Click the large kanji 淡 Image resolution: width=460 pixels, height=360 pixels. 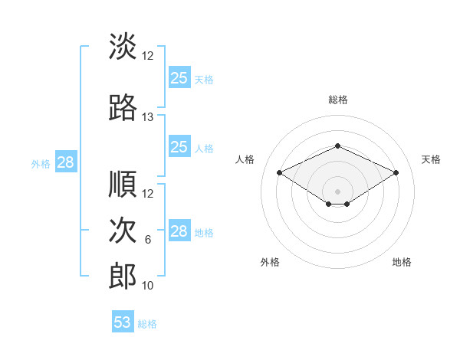coord(123,46)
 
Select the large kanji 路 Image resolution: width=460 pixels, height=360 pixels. coord(123,107)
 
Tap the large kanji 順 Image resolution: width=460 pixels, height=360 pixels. coord(123,184)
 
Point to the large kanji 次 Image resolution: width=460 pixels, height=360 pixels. coord(123,230)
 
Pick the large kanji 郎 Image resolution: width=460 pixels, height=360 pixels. coord(123,276)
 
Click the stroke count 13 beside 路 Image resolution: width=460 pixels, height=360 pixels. coord(147,117)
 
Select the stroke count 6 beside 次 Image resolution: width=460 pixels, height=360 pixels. coord(148,240)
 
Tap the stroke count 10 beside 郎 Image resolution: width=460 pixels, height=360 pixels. coord(147,286)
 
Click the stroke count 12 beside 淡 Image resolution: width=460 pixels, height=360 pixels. coord(147,56)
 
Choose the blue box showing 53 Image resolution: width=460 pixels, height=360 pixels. coord(123,321)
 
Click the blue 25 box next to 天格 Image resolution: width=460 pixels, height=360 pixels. coord(180,77)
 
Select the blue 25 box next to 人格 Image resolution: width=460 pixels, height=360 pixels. coord(180,146)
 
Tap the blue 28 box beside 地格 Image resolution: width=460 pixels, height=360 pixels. coord(180,230)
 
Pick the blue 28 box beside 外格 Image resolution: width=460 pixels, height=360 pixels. coord(66,162)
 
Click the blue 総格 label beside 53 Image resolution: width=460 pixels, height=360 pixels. coord(147,324)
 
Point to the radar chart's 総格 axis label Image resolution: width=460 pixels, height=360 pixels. coord(338,100)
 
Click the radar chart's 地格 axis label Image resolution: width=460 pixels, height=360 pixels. coord(402,262)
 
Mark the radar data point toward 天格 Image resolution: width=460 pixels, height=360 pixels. coord(396,172)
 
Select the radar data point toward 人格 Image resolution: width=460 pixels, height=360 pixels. coord(280,172)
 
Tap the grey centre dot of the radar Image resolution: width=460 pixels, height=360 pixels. coord(337,191)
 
